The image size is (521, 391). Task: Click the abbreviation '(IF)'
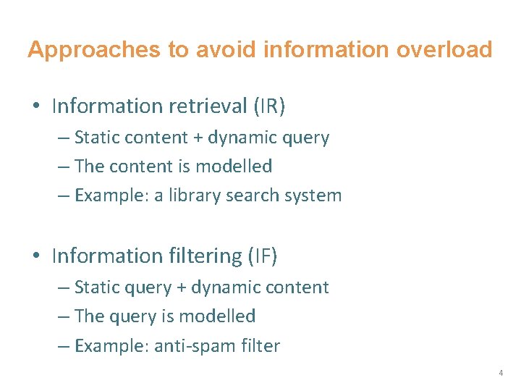pos(263,256)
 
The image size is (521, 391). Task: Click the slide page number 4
pos(500,373)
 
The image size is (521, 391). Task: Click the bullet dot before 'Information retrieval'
pos(36,107)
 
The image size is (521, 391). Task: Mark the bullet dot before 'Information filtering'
pos(36,256)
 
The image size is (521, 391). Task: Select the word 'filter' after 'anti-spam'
pos(260,345)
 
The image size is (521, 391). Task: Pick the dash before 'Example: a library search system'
pos(64,195)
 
